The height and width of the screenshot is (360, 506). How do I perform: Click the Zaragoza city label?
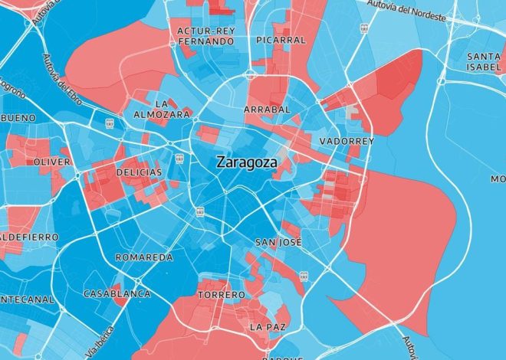tap(247, 162)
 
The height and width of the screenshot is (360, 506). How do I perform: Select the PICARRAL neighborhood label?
tap(281, 39)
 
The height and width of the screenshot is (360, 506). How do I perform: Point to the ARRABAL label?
tap(267, 110)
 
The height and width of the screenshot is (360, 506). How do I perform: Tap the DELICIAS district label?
tap(139, 172)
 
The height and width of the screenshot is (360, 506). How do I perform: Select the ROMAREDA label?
tap(143, 257)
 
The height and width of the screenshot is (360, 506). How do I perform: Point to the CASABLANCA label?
tap(117, 293)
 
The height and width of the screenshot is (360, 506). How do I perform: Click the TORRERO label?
tap(222, 294)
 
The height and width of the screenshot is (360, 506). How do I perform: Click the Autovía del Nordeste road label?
tap(418, 8)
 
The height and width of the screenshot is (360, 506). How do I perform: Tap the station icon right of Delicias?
tap(178, 159)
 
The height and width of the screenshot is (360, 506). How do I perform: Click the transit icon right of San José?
tap(304, 275)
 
